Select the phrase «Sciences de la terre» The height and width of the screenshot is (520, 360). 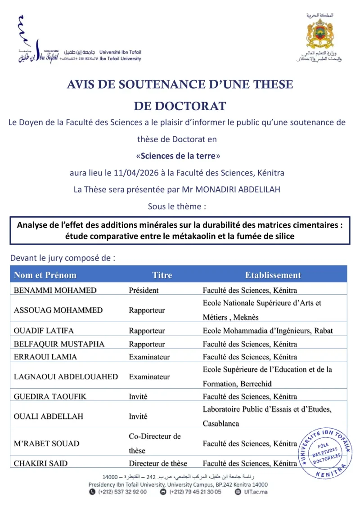point(178,156)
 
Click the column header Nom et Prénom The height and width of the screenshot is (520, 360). point(45,275)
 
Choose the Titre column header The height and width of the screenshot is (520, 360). point(162,275)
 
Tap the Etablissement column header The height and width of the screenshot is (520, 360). point(273,275)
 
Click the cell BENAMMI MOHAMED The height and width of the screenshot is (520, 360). point(55,290)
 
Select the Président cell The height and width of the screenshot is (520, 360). point(144,290)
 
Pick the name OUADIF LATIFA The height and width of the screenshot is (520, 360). point(44,331)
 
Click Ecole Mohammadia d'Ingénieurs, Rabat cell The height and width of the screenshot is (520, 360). point(268,331)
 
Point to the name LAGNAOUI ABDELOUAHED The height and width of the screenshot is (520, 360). point(66,377)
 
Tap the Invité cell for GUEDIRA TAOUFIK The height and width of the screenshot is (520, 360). point(138,397)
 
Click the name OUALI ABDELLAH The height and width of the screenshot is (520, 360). point(49,417)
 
